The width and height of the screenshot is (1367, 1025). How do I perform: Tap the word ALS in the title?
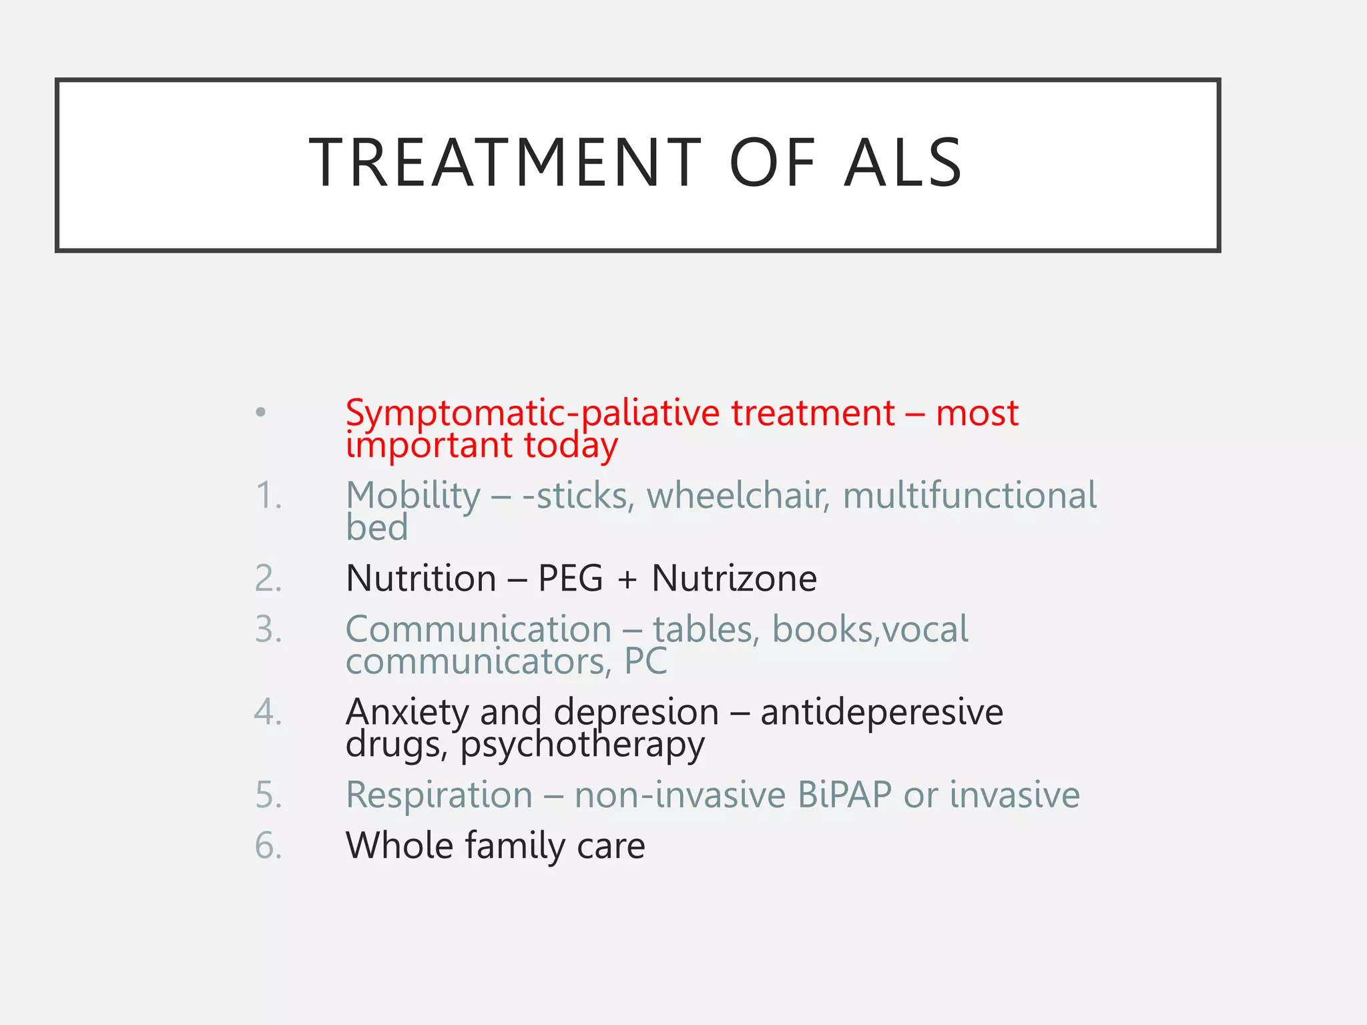click(x=902, y=163)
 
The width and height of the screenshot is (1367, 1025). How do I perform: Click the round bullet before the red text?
click(x=261, y=412)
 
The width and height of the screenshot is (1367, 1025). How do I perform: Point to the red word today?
click(x=571, y=446)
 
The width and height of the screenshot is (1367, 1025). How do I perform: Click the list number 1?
click(x=268, y=496)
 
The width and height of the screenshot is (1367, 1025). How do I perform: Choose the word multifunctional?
click(x=969, y=496)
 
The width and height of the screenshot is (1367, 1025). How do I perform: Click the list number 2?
click(x=268, y=579)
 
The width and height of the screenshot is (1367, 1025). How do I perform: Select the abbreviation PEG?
click(x=570, y=579)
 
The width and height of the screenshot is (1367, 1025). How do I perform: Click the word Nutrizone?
click(x=734, y=579)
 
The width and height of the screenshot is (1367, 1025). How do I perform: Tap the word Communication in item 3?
click(x=479, y=629)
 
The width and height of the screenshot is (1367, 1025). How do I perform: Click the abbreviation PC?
click(x=645, y=662)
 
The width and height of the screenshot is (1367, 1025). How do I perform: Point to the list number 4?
click(x=268, y=712)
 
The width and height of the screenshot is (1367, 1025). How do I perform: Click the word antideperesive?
click(x=881, y=712)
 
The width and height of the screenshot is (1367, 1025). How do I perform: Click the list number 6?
click(x=268, y=846)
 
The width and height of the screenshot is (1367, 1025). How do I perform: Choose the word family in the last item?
click(x=515, y=846)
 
